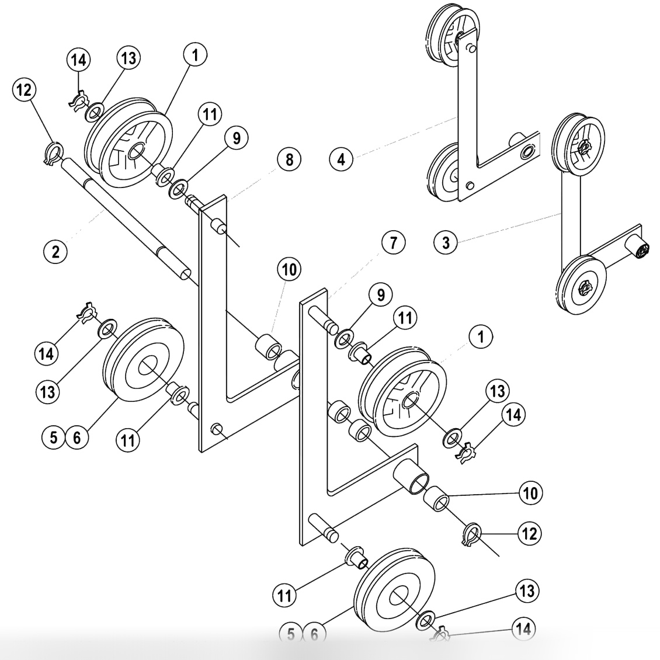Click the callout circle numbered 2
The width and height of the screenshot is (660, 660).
click(x=55, y=252)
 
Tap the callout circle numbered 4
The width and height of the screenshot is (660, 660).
click(x=341, y=158)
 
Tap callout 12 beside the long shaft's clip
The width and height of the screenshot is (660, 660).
click(x=26, y=91)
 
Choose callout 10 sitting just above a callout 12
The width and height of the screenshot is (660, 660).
click(x=530, y=493)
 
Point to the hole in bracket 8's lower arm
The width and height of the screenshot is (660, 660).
click(x=217, y=430)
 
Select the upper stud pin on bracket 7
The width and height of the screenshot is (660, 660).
click(x=324, y=318)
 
